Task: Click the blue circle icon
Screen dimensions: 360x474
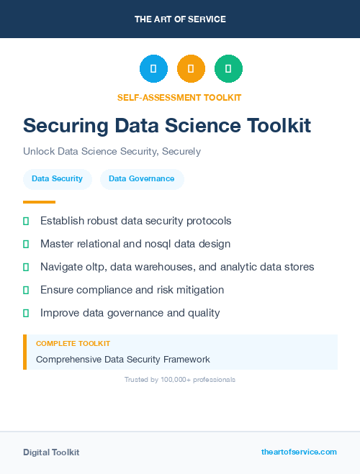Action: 153,68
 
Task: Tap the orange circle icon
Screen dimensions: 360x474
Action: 191,68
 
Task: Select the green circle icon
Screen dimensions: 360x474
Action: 228,68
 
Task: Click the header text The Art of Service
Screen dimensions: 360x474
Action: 180,19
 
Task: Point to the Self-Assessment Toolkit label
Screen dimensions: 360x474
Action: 179,97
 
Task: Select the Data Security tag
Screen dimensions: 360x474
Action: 57,178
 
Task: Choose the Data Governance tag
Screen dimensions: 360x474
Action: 141,178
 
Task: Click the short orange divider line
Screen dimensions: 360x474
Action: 39,202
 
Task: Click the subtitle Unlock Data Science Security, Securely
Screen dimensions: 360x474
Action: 112,152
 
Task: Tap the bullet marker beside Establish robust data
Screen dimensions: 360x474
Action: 26,221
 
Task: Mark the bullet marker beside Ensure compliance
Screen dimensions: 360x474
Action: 26,290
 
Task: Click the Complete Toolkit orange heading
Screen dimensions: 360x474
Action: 73,344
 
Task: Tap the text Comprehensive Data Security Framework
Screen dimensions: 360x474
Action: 122,359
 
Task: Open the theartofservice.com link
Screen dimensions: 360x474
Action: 299,452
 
